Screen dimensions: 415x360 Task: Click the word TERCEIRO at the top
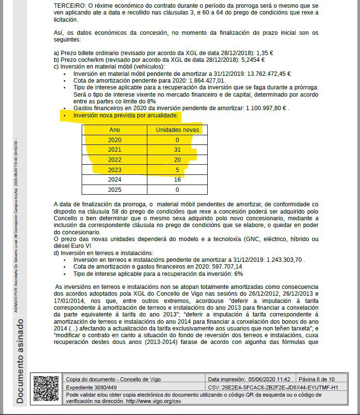click(x=71, y=5)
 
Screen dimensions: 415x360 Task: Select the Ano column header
click(x=115, y=129)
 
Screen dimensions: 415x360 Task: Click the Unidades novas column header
click(x=177, y=129)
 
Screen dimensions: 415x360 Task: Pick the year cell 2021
click(x=115, y=149)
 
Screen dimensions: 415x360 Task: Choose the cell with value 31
click(x=177, y=149)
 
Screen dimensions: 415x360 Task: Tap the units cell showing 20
click(x=177, y=159)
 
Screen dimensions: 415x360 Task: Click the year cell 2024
click(x=115, y=179)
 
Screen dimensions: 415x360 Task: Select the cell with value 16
click(x=177, y=179)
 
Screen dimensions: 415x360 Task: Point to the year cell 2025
click(x=115, y=189)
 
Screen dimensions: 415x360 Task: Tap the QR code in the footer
click(x=46, y=389)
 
